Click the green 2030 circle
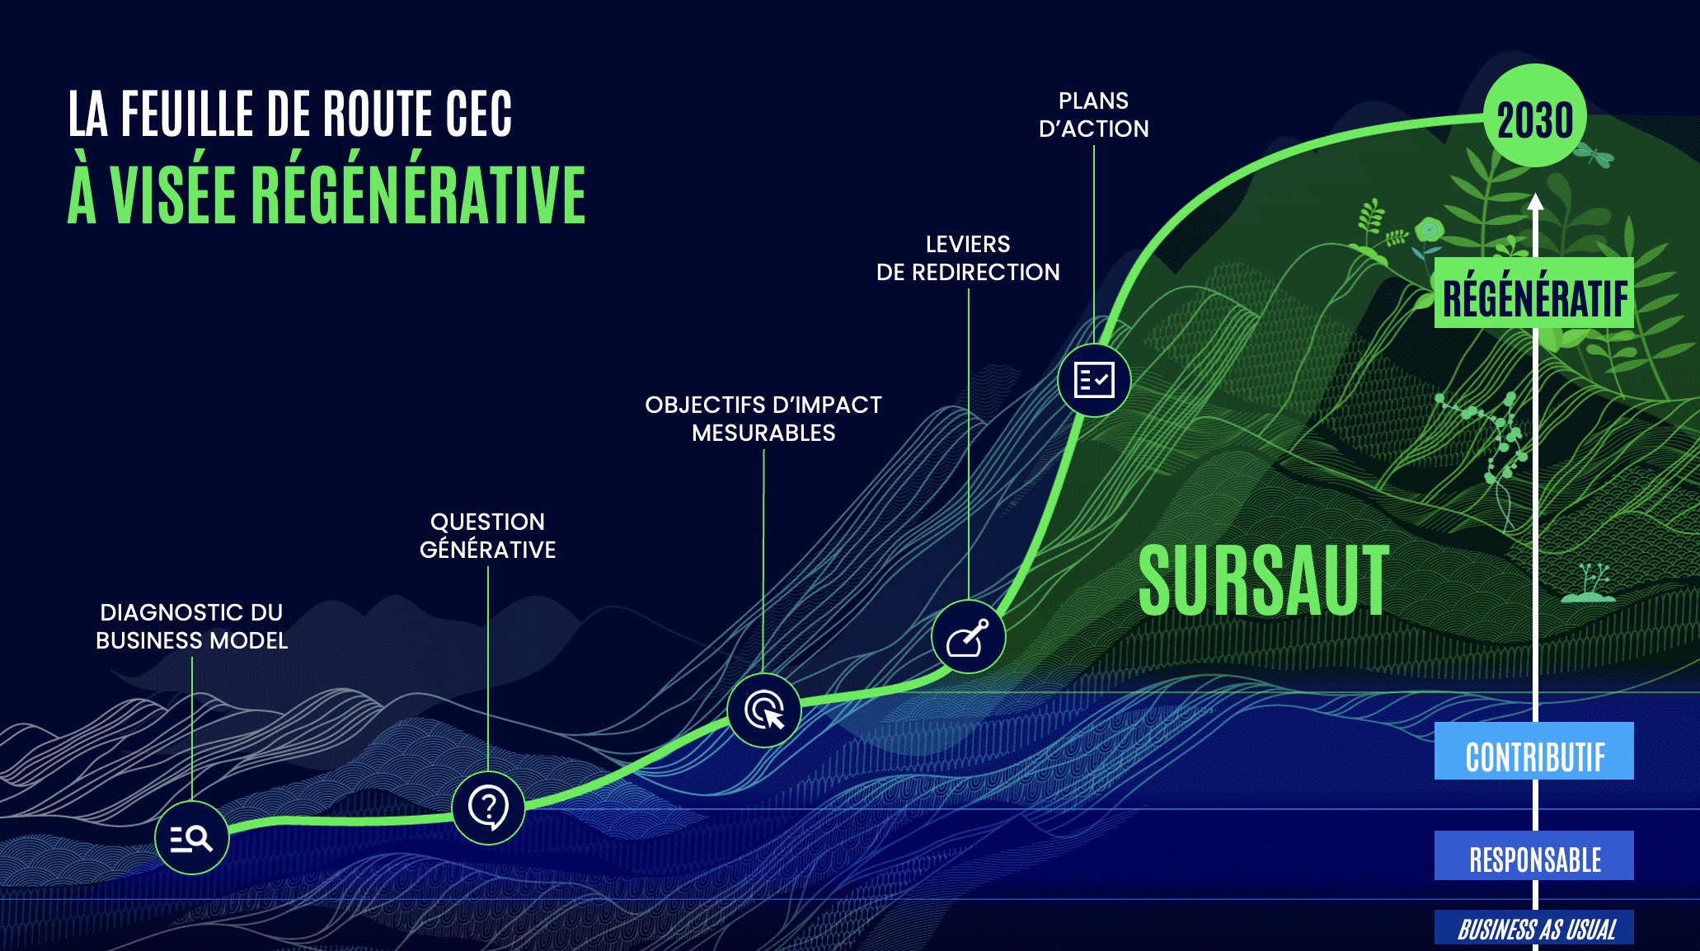[1535, 116]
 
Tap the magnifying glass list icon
[191, 838]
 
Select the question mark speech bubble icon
[488, 808]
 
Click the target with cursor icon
[764, 710]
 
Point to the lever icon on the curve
[968, 637]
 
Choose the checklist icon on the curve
[1094, 380]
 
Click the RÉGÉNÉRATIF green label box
[1534, 293]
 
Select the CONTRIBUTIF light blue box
[1534, 751]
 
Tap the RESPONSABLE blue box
[1534, 855]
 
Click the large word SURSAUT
[1264, 580]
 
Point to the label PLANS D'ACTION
[1094, 115]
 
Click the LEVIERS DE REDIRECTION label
[968, 258]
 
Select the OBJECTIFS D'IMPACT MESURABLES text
[763, 419]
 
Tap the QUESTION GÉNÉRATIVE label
[488, 536]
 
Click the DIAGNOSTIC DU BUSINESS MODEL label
[191, 626]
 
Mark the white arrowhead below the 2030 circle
[1535, 202]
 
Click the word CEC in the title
[479, 114]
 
